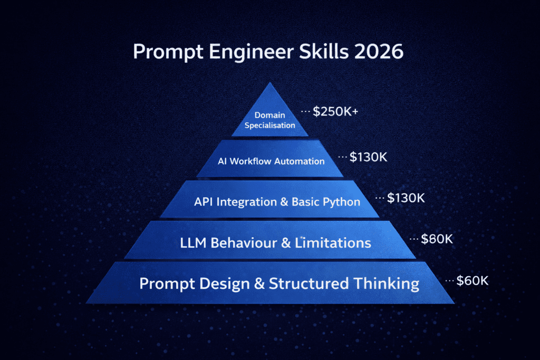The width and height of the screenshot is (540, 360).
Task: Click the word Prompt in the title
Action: point(168,52)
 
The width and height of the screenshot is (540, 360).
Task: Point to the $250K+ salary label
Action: point(335,112)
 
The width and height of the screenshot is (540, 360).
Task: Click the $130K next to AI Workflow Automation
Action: point(368,157)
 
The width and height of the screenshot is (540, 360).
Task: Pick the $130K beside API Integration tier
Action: point(406,198)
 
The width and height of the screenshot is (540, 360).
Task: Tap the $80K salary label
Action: point(437,239)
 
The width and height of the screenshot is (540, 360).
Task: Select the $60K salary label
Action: point(472,281)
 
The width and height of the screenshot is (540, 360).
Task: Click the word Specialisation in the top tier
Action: point(270,125)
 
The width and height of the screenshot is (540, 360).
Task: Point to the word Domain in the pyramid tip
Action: point(269,115)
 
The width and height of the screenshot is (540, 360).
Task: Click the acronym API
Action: point(204,202)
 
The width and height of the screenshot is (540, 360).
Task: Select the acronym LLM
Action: point(193,243)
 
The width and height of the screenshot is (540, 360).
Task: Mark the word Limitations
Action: point(333,243)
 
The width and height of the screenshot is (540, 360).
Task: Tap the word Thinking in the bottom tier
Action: point(387,284)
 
